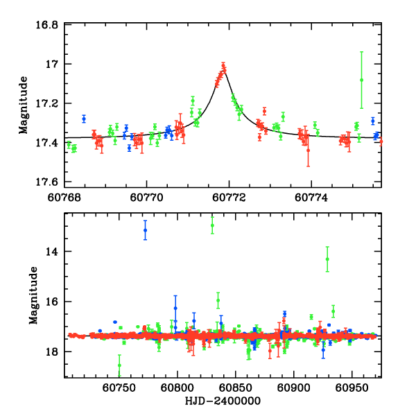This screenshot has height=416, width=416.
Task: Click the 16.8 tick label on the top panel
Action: click(x=49, y=25)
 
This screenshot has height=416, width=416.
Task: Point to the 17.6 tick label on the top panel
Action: click(x=49, y=182)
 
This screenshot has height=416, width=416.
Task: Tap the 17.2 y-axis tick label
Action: click(x=49, y=103)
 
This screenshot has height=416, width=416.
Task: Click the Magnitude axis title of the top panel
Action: click(x=24, y=104)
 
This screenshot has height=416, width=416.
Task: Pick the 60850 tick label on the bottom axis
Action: click(x=234, y=388)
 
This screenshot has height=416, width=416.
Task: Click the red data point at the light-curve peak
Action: click(x=223, y=66)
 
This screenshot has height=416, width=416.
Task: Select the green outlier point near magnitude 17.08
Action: click(x=361, y=80)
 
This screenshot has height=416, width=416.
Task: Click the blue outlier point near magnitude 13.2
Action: click(x=146, y=230)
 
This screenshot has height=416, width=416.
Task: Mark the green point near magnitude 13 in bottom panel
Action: click(x=212, y=225)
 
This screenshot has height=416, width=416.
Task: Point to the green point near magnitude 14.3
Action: click(x=327, y=259)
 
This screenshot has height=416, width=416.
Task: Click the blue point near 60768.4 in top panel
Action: click(x=84, y=119)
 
